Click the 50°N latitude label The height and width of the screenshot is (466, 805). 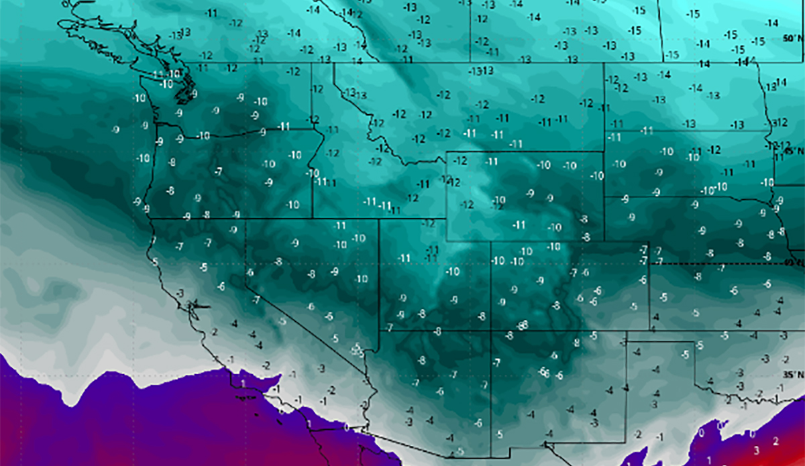(792, 40)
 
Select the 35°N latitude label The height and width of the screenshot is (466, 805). (792, 374)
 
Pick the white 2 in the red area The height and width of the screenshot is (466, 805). (776, 441)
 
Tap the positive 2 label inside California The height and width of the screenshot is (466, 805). (214, 332)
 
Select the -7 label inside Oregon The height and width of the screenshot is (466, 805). (219, 172)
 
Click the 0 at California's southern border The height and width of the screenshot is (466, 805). (346, 427)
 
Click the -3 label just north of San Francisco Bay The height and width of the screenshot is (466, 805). (180, 294)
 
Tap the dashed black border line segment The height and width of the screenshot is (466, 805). (724, 264)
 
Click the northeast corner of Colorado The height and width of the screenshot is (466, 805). (649, 243)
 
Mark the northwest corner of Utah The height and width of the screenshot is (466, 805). (380, 219)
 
